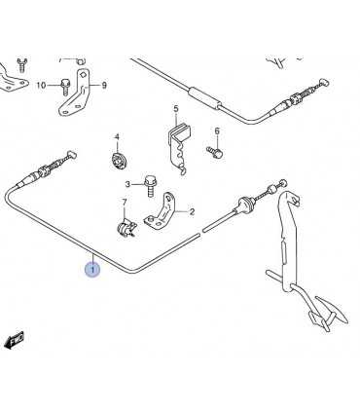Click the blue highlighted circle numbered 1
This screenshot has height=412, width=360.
pos(92,270)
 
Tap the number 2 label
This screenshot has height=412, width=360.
pos(192,212)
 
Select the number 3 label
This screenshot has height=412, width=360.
pos(127,184)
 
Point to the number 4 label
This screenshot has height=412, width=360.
pos(117,137)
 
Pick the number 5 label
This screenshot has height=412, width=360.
pos(176,109)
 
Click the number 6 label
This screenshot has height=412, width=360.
pos(217,131)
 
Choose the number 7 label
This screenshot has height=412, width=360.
pos(125,203)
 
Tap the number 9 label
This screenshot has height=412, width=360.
pos(104,86)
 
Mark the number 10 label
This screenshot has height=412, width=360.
pos(41,86)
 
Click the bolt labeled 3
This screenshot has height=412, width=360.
pos(150,186)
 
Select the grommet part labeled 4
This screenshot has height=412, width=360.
pos(119,161)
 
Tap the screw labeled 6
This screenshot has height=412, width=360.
pos(215,151)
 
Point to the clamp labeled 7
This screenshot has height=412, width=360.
pos(126,228)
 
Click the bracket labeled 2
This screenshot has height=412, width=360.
pos(162,212)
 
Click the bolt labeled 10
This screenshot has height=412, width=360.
pos(64,86)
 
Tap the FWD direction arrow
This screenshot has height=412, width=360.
pos(15,340)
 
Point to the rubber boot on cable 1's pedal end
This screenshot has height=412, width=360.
pos(244,204)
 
